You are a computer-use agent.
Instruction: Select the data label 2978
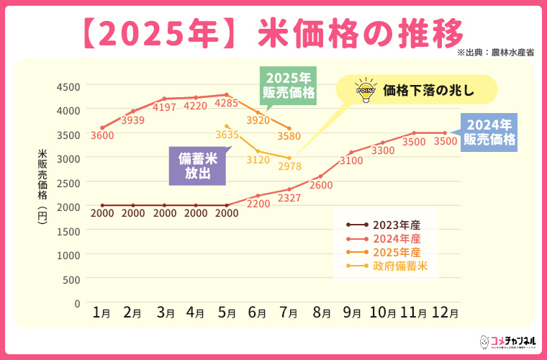click(x=289, y=167)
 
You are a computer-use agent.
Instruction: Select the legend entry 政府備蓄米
click(x=400, y=266)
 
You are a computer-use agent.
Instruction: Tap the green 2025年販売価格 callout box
click(x=289, y=85)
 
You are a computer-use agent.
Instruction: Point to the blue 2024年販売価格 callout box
click(x=489, y=132)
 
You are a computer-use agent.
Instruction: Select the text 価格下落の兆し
click(x=429, y=91)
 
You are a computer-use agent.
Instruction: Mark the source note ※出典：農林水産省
click(x=495, y=53)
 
